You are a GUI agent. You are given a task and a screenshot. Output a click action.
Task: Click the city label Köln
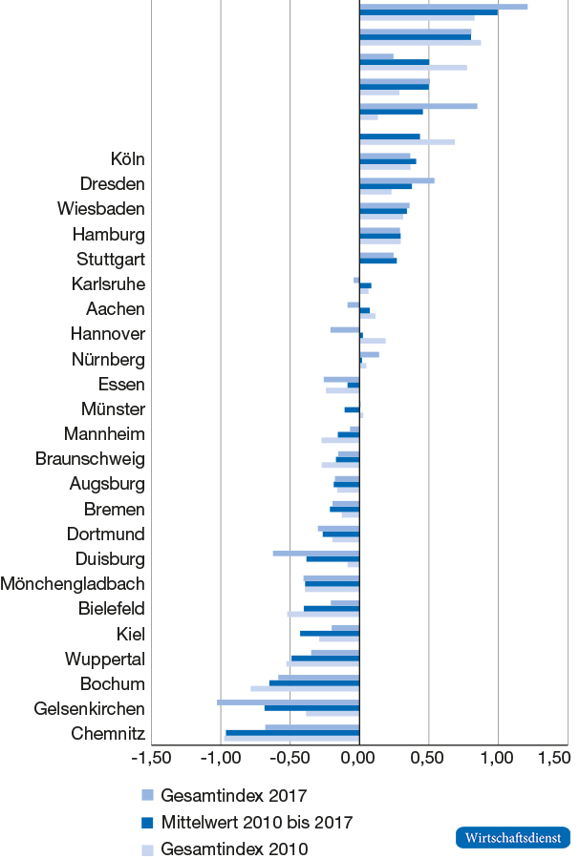point(127,158)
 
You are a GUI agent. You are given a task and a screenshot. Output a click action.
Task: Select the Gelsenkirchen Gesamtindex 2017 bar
point(288,702)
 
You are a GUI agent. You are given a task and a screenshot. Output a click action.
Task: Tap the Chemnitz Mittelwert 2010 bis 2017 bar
point(292,733)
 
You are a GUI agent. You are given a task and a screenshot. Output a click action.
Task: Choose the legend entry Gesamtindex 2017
point(233,795)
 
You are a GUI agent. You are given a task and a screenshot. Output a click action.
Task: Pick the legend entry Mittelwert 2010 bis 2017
point(257,822)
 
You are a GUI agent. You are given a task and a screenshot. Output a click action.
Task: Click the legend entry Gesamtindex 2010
point(233,849)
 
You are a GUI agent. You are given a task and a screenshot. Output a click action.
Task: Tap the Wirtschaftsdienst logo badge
point(512,837)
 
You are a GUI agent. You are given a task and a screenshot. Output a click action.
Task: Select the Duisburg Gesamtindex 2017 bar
point(316,553)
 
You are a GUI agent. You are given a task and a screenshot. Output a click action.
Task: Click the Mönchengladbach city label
point(74,583)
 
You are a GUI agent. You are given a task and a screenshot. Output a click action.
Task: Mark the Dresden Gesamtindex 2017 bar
point(397,179)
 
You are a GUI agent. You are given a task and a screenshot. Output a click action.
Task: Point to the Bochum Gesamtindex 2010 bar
point(305,688)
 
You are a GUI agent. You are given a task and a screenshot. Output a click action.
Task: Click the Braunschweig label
point(90,458)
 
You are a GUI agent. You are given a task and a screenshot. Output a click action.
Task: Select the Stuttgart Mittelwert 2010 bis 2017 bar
point(377,260)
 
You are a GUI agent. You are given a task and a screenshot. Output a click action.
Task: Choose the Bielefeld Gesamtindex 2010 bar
point(323,614)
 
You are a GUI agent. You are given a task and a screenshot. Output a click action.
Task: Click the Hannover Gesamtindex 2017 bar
point(345,329)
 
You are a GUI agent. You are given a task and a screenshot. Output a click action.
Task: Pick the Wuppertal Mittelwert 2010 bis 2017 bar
point(325,658)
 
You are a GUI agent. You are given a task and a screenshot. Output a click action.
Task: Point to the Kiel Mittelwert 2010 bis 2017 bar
point(330,633)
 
